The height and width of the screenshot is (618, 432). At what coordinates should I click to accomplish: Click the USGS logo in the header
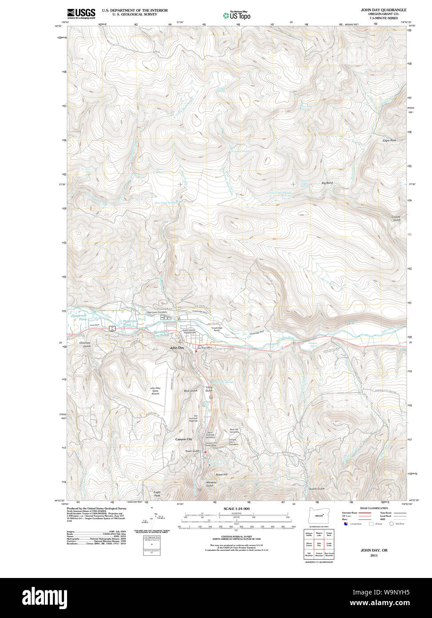click(x=81, y=14)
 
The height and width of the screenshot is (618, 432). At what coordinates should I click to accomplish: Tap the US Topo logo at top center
click(x=236, y=16)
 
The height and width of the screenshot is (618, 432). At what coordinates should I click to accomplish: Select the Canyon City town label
click(x=183, y=439)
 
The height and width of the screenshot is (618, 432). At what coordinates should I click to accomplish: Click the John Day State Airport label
click(x=155, y=391)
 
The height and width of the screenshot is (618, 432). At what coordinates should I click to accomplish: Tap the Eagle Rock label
click(x=389, y=140)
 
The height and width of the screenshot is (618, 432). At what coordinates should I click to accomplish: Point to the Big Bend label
click(x=327, y=183)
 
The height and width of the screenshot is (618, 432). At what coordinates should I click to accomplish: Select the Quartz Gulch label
click(x=317, y=489)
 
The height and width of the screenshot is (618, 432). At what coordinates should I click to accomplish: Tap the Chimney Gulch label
click(x=85, y=345)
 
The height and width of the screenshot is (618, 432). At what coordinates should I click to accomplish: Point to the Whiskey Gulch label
click(x=211, y=484)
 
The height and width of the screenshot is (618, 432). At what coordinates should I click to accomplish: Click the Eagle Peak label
click(x=157, y=494)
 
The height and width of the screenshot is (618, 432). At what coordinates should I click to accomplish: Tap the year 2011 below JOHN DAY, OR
click(x=373, y=556)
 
